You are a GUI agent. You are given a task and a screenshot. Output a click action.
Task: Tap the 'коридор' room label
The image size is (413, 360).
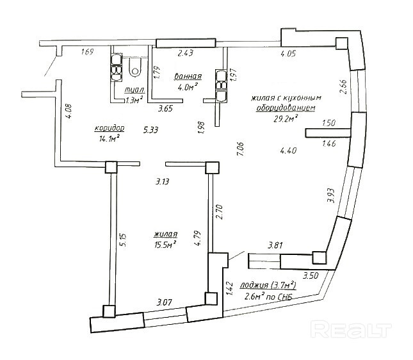(109, 127)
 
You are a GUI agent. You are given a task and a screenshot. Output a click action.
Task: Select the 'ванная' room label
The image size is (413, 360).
(188, 76)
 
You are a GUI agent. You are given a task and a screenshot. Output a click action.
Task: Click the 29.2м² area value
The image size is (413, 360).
(287, 119)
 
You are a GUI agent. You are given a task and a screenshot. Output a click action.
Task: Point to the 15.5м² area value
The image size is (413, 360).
(165, 243)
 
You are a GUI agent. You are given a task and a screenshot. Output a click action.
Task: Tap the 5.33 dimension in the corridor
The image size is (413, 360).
(151, 130)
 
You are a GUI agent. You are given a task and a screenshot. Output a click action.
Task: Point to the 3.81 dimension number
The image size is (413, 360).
(275, 244)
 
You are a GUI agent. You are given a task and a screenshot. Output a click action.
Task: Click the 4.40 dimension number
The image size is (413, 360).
(288, 151)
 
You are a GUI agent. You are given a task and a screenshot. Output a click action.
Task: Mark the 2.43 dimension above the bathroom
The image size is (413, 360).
(186, 53)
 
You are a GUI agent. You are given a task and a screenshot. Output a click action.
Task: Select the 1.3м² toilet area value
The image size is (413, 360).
(134, 100)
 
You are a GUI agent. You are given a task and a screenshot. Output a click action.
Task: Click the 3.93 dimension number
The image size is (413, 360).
(331, 195)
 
